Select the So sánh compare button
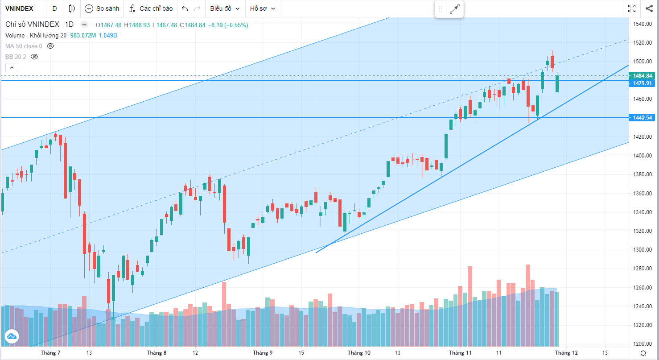pos(102,8)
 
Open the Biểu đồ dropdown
pos(225,8)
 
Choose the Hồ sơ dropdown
pos(263,8)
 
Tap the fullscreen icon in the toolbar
pos(632,8)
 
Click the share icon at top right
pos(649,8)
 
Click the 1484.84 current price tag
pos(643,76)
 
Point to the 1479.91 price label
pos(643,83)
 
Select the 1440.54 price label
pos(643,118)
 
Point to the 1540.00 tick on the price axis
pos(643,24)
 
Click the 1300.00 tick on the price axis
pos(643,250)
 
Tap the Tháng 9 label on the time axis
pos(263,353)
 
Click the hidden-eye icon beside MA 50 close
pos(50,46)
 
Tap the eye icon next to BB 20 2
pos(34,57)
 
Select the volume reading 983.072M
pos(83,36)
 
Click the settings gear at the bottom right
pos(643,353)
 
